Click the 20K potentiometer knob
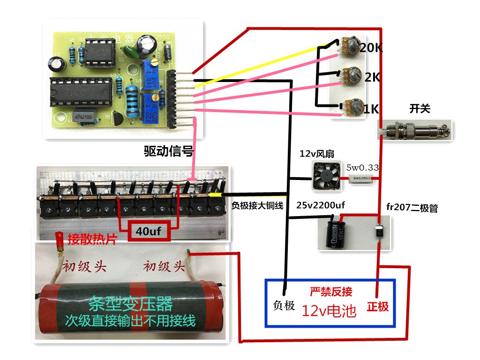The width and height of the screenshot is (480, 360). click(352, 45)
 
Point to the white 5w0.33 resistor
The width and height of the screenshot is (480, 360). click(361, 178)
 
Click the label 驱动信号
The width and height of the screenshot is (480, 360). click(168, 151)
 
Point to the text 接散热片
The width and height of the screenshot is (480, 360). click(92, 238)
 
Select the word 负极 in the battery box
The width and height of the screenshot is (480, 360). click(284, 305)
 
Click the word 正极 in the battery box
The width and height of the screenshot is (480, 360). click(378, 307)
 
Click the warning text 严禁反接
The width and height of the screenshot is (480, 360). click(331, 292)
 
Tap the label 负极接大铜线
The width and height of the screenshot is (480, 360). click(257, 205)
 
